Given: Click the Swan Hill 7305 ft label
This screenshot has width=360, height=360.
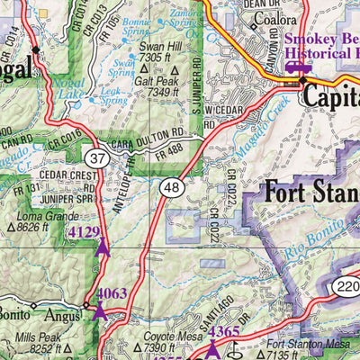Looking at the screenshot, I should click(157, 51).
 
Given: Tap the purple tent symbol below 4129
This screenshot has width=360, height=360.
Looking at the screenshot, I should click(103, 247).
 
